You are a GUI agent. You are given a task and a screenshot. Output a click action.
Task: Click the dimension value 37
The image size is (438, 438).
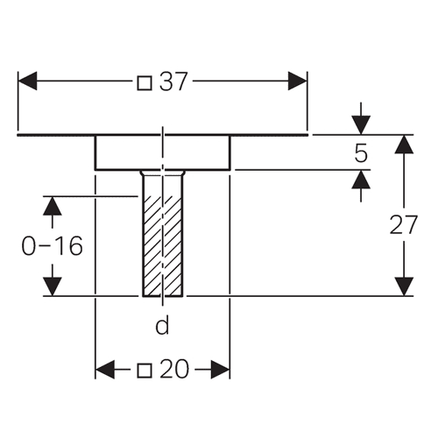point(173,81)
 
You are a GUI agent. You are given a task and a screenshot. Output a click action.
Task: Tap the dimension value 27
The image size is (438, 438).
point(404,225)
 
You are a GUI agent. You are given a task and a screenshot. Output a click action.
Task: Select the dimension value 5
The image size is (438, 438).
point(361,153)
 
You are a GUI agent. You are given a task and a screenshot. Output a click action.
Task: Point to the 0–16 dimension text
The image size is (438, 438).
point(53,246)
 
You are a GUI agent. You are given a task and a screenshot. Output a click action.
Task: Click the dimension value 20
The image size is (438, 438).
point(174,369)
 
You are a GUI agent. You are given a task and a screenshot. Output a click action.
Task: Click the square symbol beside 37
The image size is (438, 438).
point(145,83)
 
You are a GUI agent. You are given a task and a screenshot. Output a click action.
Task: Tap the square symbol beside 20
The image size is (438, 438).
point(145,371)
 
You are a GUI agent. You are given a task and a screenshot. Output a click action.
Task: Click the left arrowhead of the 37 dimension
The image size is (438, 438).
point(27,81)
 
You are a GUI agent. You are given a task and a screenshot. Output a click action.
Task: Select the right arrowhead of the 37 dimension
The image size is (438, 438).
point(298,81)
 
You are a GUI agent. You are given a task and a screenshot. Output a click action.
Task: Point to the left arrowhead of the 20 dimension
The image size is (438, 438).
point(105,370)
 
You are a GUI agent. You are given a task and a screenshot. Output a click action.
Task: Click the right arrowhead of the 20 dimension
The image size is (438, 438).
point(221,370)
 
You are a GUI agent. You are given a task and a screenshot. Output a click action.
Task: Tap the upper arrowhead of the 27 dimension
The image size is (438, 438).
point(404,145)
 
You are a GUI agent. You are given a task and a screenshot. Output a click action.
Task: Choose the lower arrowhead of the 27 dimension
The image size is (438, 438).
point(404,286)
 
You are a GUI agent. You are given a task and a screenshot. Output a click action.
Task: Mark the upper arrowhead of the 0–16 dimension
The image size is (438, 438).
point(53,206)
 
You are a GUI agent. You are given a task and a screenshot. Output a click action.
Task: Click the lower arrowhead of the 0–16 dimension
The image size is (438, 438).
point(53,286)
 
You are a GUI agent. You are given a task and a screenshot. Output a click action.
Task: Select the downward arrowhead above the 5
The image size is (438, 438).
point(361,125)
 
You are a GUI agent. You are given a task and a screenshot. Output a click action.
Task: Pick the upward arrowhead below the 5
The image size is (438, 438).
point(361,180)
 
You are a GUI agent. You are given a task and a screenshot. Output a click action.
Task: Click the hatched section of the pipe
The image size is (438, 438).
point(163,246)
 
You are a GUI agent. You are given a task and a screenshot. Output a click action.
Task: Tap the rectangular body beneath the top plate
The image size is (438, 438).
point(163,152)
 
